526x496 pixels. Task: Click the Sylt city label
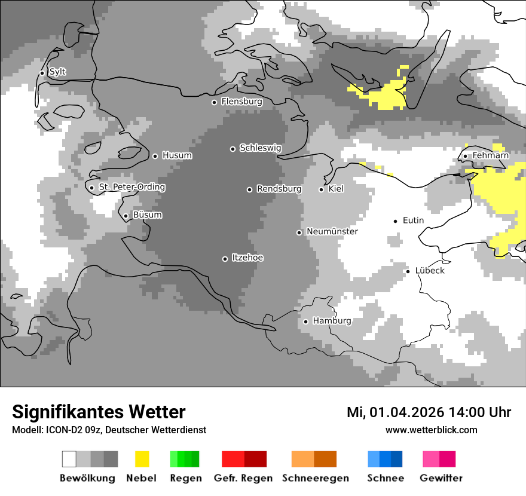coord(57,72)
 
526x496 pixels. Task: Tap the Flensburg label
coord(241,102)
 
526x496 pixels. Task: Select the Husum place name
coord(177,155)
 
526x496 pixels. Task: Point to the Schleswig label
coord(260,148)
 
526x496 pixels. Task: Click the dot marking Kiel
coord(321,189)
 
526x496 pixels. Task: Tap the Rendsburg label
coord(279,189)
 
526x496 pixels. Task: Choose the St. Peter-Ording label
coord(131,187)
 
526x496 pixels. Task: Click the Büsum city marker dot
coord(126,216)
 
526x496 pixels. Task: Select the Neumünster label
coord(332,231)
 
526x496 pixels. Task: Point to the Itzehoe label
coord(247,258)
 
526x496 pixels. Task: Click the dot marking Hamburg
coord(305,322)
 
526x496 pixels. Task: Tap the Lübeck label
coord(430,271)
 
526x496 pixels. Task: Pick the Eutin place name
coord(413,221)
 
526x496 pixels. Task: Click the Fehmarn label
coord(490,155)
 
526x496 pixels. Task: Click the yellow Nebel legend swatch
coord(142,459)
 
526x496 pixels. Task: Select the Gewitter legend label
coord(441,478)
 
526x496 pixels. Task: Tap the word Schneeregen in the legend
coord(315,478)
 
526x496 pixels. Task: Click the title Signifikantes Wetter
coord(99,412)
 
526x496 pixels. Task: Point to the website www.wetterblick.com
coord(431,430)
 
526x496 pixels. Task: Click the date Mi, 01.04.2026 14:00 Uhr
coord(429,412)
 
